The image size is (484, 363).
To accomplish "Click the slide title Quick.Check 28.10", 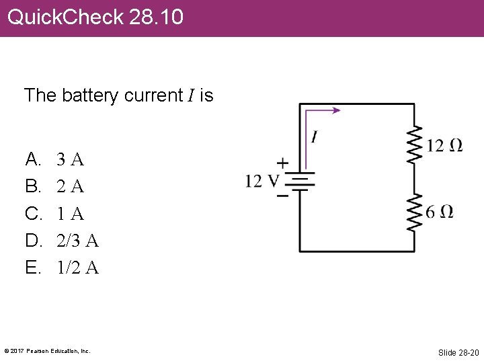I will [x=95, y=17].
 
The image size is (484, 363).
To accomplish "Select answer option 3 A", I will [x=70, y=160].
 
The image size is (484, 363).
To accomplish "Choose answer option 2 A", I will [x=70, y=187].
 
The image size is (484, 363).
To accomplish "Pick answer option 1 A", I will [x=70, y=214].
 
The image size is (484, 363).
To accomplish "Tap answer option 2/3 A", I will [x=77, y=241].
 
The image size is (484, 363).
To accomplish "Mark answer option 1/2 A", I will [x=77, y=268].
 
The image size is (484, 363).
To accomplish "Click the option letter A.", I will [x=32, y=160].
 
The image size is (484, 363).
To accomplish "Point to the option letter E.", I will [x=32, y=268].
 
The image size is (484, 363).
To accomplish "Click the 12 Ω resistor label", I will [x=444, y=145].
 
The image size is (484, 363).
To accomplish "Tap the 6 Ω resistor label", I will [x=440, y=212].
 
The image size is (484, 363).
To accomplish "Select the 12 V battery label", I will [x=261, y=181].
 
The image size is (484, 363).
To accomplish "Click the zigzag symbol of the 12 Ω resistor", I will [x=414, y=144].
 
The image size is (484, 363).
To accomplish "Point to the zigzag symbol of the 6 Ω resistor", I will [x=414, y=212].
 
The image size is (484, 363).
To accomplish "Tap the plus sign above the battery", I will [x=282, y=163].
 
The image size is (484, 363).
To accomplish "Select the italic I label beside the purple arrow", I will [x=314, y=137].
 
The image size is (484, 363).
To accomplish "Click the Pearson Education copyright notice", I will [x=47, y=351].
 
